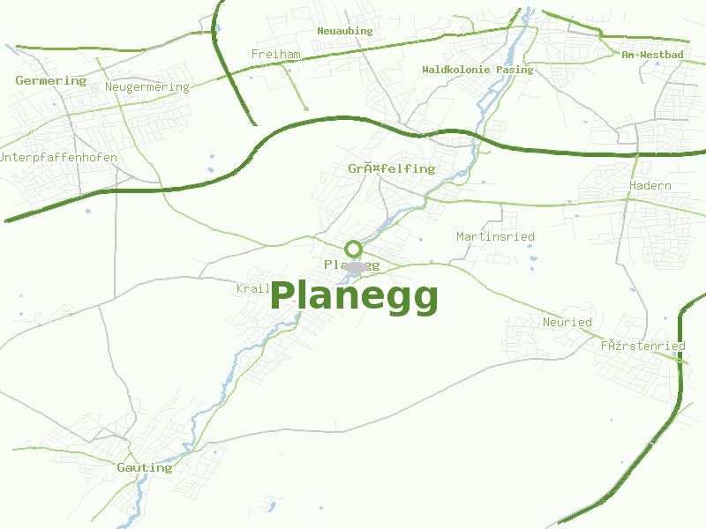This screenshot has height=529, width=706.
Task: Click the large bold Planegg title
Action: click(354, 297)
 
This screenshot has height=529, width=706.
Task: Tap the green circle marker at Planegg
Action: click(353, 249)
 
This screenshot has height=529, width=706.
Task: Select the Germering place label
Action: click(51, 80)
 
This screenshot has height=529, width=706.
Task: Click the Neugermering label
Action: click(146, 87)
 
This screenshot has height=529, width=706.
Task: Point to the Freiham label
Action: click(275, 55)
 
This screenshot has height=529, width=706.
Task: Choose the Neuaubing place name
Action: click(344, 31)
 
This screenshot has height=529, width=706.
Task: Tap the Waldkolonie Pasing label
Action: click(477, 70)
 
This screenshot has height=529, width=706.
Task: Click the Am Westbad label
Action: click(652, 55)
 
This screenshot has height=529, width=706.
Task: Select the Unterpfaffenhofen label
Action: click(58, 157)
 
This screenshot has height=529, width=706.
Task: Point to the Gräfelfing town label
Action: click(391, 168)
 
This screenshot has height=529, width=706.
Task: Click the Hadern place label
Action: click(650, 186)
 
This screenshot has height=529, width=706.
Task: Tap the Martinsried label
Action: click(495, 236)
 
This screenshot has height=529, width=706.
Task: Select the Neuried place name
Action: click(567, 322)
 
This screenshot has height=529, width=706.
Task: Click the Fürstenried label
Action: click(642, 346)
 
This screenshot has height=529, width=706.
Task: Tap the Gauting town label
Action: click(144, 467)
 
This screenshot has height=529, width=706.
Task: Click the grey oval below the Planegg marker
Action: click(355, 267)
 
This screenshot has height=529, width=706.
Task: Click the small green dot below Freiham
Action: click(305, 108)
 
